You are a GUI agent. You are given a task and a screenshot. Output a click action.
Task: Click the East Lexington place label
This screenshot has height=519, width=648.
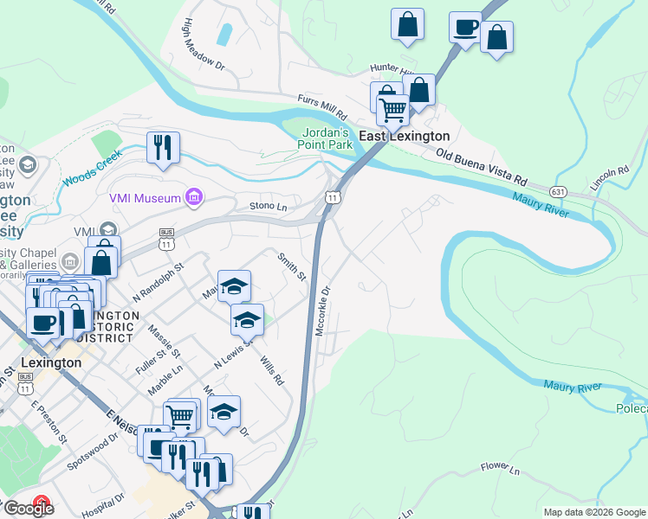[x=405, y=137]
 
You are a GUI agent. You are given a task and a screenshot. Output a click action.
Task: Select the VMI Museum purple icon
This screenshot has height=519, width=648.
[x=194, y=198]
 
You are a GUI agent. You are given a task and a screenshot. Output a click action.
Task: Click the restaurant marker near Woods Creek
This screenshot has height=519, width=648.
[x=163, y=148]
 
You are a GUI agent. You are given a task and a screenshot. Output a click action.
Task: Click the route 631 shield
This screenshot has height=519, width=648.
[x=560, y=189]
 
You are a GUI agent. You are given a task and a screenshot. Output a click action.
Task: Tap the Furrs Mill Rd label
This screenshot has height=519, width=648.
[x=321, y=108]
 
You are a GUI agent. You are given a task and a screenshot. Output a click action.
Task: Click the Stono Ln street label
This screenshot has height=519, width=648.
[x=268, y=207]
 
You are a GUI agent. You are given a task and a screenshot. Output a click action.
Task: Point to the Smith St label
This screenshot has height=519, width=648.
[x=291, y=266]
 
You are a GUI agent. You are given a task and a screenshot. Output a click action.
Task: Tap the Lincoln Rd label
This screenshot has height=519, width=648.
[x=608, y=177]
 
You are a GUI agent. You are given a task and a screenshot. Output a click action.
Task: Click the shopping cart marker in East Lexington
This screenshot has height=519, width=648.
[x=393, y=110]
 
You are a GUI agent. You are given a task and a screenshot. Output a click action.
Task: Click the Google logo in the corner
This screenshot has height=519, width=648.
[x=29, y=509]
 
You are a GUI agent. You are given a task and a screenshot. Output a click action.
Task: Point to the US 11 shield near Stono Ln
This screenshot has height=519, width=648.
[x=332, y=197]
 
